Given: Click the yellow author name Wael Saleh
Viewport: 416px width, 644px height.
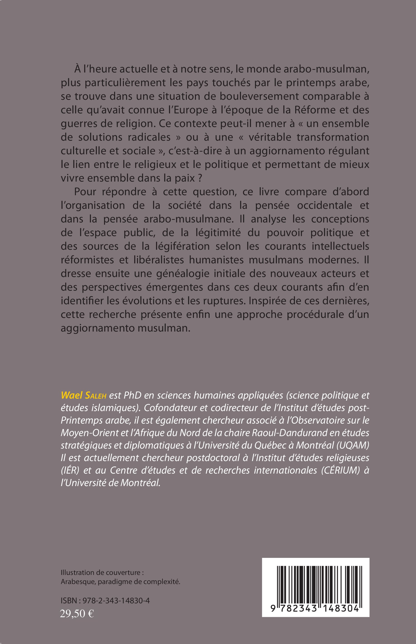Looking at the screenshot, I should (83, 395).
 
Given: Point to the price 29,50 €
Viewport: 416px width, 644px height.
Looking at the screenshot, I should (77, 612).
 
